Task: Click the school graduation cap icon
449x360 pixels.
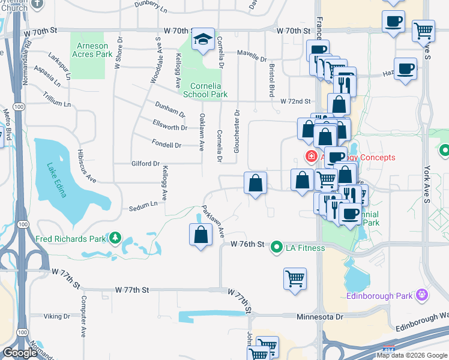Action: tap(203, 40)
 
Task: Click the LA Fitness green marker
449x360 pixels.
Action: tap(276, 247)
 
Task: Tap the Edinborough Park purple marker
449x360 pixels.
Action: tap(423, 295)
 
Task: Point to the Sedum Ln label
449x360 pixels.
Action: tap(143, 205)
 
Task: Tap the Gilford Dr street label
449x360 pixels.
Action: tap(145, 163)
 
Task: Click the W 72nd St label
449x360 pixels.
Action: tap(296, 101)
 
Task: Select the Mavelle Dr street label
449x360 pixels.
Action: tap(252, 59)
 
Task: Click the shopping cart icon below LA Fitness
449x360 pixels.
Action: tap(295, 278)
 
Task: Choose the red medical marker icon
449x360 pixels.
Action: tap(310, 158)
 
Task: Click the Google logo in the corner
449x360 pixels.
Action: tap(20, 353)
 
